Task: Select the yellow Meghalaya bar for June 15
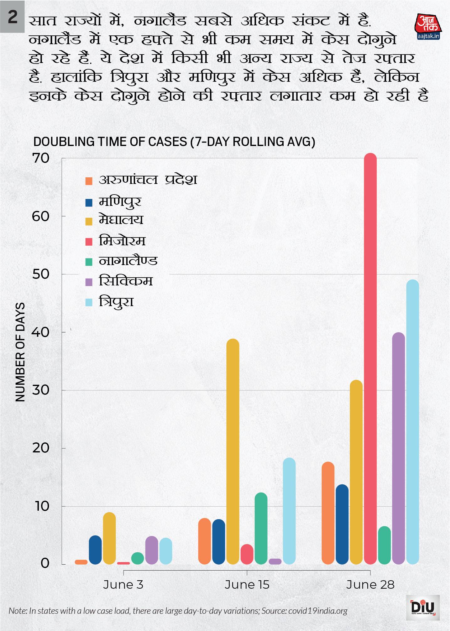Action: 233,451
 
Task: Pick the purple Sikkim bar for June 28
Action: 398,448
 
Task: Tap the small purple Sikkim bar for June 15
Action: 275,561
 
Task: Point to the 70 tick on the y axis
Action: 41,158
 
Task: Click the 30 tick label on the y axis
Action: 41,390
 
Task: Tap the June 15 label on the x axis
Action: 247,585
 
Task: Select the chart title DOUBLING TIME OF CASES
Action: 174,142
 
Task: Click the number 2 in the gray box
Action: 12,17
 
